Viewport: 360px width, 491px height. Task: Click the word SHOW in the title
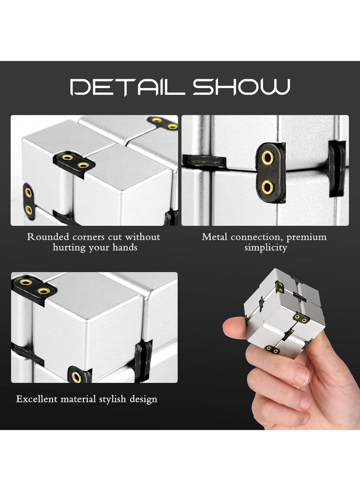click(241, 87)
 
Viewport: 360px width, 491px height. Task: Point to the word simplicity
click(265, 247)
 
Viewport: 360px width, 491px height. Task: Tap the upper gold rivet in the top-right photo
click(267, 158)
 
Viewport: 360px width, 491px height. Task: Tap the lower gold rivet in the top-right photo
click(267, 186)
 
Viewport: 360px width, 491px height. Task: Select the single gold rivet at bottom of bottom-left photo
click(77, 377)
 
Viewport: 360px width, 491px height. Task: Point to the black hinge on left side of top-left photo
click(28, 201)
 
